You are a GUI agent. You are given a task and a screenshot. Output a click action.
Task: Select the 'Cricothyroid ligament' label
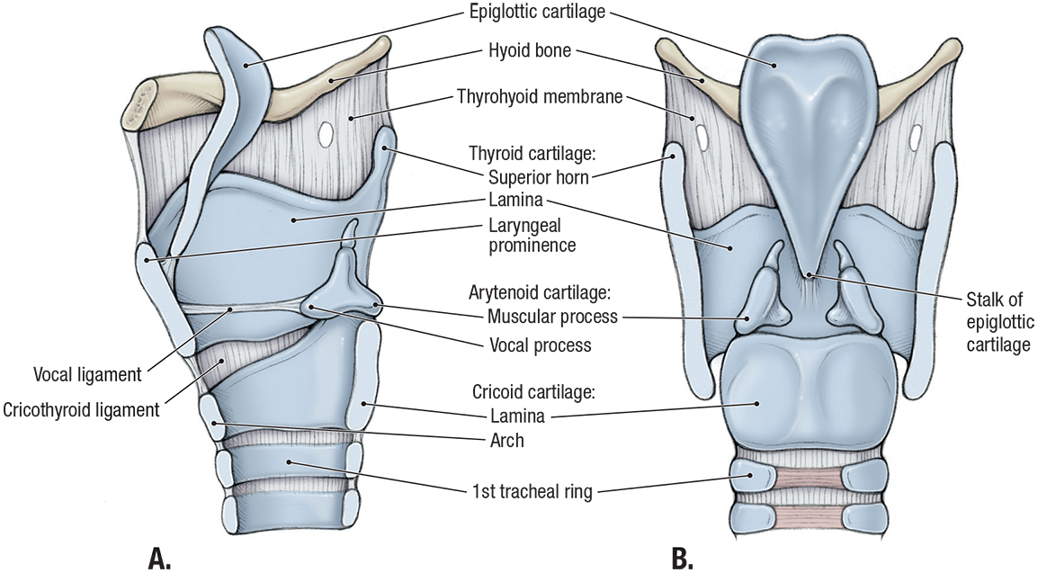pos(81,410)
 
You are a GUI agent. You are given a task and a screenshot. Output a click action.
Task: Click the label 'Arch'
pos(506,441)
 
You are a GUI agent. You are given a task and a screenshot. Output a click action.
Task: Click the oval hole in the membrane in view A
pos(327,133)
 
